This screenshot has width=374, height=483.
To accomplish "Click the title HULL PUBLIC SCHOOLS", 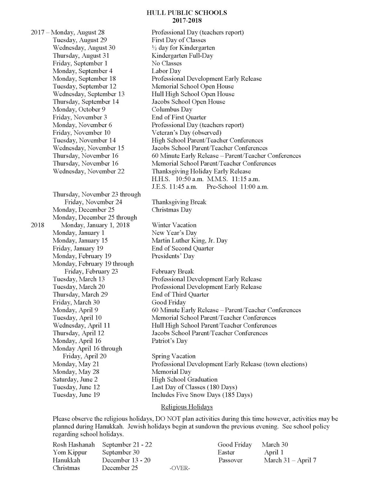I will [187, 13].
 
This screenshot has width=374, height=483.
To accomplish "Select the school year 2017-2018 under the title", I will [187, 21].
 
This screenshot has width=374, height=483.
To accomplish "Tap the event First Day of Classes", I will [179, 40].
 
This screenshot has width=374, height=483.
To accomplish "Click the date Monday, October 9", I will [79, 110].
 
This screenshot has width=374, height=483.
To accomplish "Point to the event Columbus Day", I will [172, 110].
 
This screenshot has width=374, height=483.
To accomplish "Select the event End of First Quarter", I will [179, 117].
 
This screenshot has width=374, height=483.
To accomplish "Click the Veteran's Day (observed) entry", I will [186, 133].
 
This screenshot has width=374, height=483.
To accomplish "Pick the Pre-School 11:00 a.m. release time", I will [237, 187].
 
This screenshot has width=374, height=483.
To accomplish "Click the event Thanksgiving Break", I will [179, 202].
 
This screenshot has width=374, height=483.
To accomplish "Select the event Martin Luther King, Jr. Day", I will [189, 241].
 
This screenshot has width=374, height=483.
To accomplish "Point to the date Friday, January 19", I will [78, 248].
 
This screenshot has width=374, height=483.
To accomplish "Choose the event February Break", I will [173, 272].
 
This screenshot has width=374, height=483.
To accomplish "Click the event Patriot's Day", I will [169, 341].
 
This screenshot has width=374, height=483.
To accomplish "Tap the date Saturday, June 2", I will [75, 380].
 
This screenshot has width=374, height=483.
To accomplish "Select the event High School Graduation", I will [184, 380].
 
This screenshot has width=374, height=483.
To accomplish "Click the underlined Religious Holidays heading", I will [187, 407].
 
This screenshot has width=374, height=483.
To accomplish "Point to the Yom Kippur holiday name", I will [70, 453].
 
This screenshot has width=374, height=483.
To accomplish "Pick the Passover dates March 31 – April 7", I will [290, 460].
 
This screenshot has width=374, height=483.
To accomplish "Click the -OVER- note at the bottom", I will [180, 468].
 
